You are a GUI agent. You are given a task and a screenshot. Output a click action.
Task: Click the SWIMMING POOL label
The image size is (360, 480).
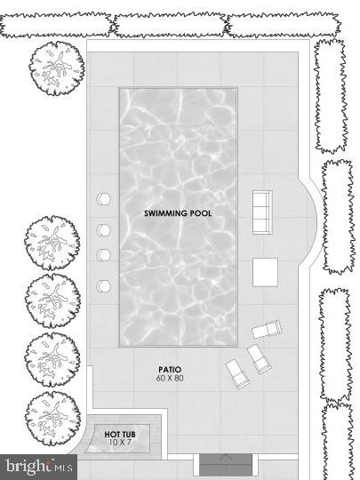coord(178,213)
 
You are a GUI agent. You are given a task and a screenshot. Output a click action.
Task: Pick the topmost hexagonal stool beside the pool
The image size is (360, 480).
coord(103,199)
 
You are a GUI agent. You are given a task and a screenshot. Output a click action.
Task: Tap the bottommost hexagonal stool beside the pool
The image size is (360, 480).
coord(103,286)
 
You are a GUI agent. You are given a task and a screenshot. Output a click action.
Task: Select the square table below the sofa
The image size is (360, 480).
coord(265,271)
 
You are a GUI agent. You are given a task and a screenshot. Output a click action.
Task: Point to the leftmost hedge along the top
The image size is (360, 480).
coord(53,25)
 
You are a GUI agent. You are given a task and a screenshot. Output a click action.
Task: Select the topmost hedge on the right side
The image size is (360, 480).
coord(331,95)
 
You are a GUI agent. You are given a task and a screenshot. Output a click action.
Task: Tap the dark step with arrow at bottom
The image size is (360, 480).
coord(226,464)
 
